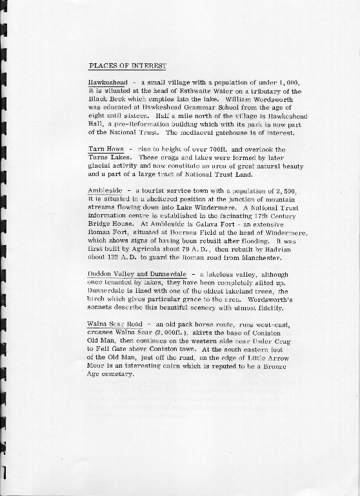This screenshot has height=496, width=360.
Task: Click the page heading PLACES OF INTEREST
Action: [x=127, y=66]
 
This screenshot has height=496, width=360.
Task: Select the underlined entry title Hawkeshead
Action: [x=108, y=84]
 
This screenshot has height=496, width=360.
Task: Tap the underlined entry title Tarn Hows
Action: [x=105, y=149]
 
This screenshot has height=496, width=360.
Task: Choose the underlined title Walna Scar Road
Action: [x=115, y=324]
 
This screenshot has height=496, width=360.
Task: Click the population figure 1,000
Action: [x=287, y=84]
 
